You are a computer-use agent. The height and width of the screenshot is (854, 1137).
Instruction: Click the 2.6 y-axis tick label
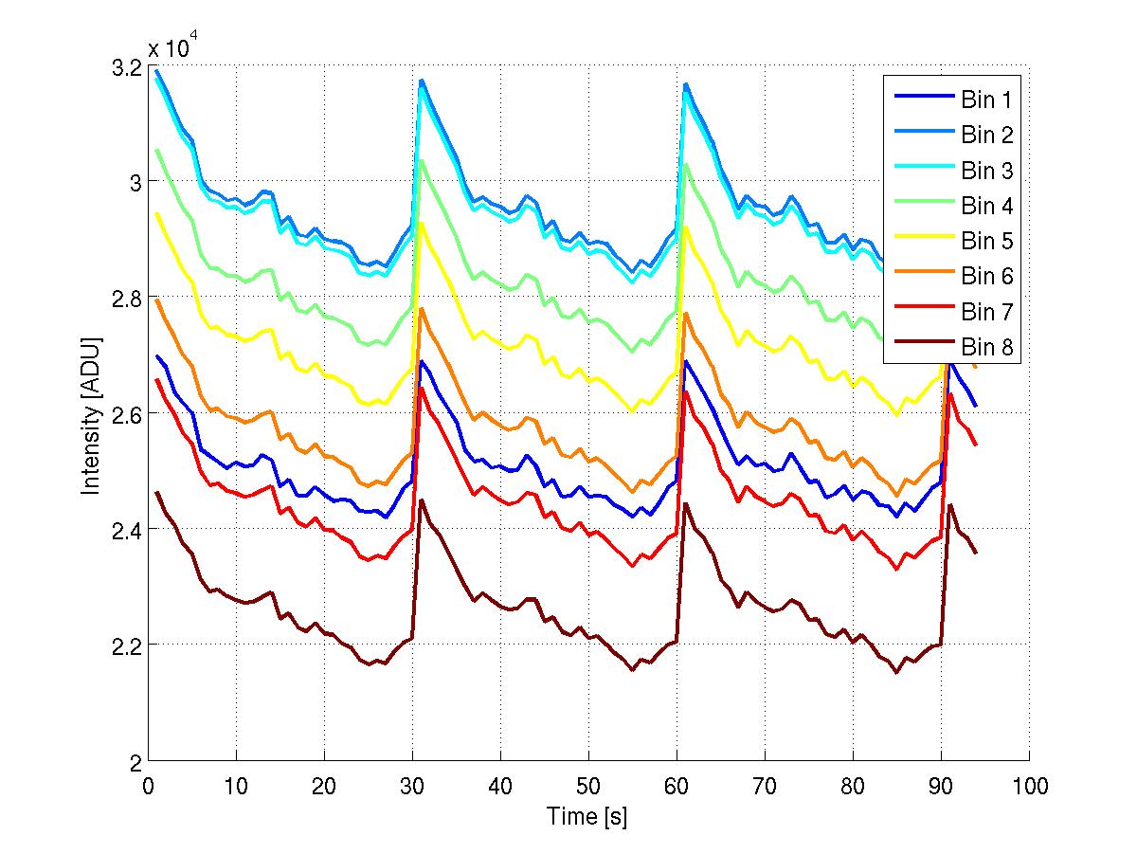tap(126, 414)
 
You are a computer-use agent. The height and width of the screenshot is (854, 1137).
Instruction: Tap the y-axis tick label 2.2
tap(126, 645)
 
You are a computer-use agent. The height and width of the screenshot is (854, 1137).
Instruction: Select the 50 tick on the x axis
tap(588, 786)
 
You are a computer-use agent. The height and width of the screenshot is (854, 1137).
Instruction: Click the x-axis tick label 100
tap(1029, 786)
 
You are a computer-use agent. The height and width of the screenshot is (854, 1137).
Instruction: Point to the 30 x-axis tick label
tap(412, 786)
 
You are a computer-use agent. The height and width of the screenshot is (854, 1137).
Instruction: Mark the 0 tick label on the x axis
tap(148, 786)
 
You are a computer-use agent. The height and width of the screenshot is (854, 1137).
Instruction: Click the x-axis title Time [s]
tap(587, 816)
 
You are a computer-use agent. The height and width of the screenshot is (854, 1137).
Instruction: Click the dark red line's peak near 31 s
tap(421, 500)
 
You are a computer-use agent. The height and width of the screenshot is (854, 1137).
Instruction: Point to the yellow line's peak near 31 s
tap(422, 223)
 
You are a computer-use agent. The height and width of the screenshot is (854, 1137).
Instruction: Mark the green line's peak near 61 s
tap(686, 164)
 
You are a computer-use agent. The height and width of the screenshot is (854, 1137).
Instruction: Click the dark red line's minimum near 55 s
tap(632, 670)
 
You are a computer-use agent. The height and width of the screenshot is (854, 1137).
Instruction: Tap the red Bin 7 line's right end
tap(976, 445)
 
